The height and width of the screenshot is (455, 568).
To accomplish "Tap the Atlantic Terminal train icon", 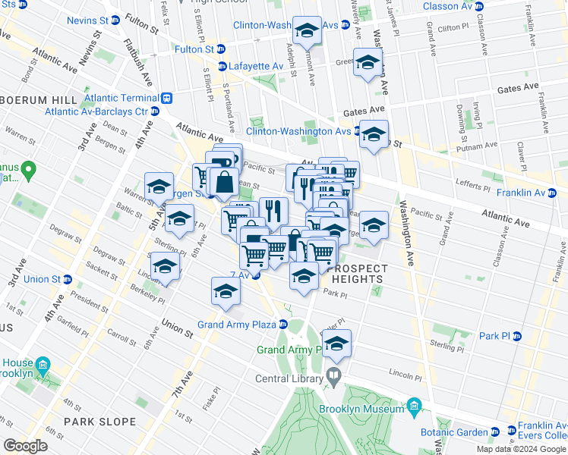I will pos(166,98).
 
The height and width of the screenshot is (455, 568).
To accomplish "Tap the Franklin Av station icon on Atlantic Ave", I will pos(562,193).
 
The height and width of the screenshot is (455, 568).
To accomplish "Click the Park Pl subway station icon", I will pos(517,336).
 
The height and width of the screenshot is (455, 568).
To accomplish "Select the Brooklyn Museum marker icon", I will pos(414,408).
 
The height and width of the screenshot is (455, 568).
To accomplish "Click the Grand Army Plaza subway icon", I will pos(282,325).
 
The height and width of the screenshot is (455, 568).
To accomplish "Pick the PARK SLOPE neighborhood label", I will pos(93,421).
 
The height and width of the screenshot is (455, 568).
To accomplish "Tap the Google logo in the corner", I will pos(25,445).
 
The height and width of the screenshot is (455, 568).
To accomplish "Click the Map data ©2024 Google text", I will pos(520,449).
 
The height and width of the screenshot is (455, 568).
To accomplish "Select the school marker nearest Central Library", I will pos(336,345).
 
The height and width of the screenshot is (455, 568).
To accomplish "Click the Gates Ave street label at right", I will pos(516,89).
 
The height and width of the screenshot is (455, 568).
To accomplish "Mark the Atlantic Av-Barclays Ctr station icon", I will pos(154,111).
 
